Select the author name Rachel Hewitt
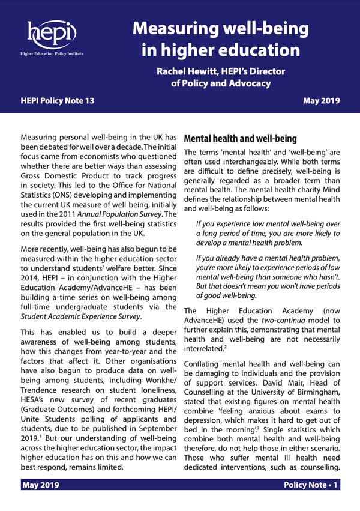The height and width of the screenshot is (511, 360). point(191,71)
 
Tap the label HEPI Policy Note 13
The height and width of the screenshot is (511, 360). point(58,101)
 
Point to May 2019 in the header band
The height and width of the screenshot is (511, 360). point(323,101)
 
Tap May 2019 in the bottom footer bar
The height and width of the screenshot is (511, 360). point(41,501)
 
